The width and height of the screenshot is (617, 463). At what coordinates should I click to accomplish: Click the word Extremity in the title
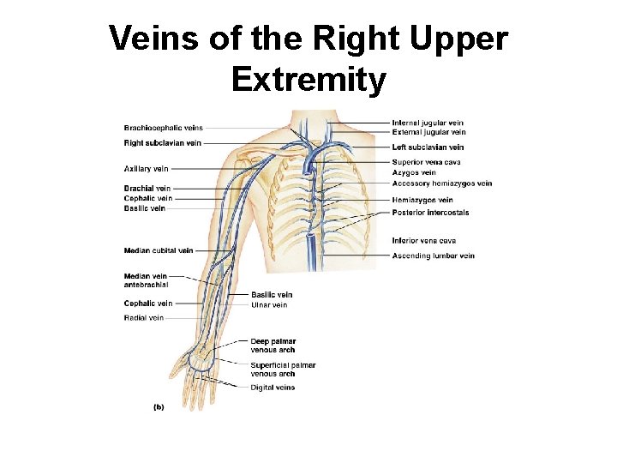308,80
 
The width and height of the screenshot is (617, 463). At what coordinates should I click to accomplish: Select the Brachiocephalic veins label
164,129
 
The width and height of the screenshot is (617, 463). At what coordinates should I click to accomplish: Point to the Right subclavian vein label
163,143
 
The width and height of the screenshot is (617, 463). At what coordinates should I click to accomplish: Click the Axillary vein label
146,169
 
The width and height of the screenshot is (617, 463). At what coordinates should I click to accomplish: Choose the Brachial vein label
147,189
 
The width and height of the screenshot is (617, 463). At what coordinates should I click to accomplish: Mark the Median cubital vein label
159,250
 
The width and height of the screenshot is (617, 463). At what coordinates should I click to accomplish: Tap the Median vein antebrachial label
146,280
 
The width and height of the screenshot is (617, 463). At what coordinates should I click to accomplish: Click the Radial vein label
143,318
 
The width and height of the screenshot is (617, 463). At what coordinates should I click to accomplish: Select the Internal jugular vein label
428,123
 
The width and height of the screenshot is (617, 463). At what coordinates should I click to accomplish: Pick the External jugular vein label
428,133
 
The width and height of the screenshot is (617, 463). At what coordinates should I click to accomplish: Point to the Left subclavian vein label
428,147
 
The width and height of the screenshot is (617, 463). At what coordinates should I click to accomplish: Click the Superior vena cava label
426,162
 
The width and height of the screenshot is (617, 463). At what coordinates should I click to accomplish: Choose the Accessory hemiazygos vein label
442,183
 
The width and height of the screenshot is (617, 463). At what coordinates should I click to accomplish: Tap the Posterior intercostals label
430,213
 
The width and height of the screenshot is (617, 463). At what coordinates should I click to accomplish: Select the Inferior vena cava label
423,241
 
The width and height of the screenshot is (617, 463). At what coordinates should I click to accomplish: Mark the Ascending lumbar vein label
433,256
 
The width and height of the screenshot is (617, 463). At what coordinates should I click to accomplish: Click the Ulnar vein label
269,305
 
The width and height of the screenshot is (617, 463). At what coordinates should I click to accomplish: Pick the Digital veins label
273,388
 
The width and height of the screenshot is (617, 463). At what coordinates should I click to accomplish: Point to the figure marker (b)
159,407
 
